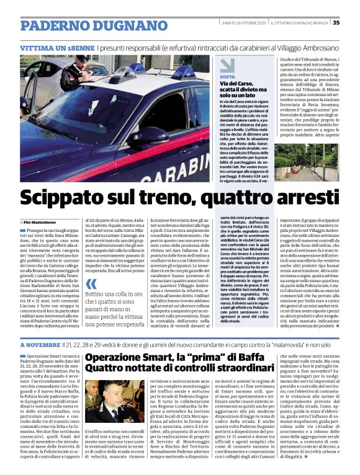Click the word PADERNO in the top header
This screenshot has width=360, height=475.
click(x=53, y=26)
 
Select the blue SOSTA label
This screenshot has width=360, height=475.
click(x=227, y=77)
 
